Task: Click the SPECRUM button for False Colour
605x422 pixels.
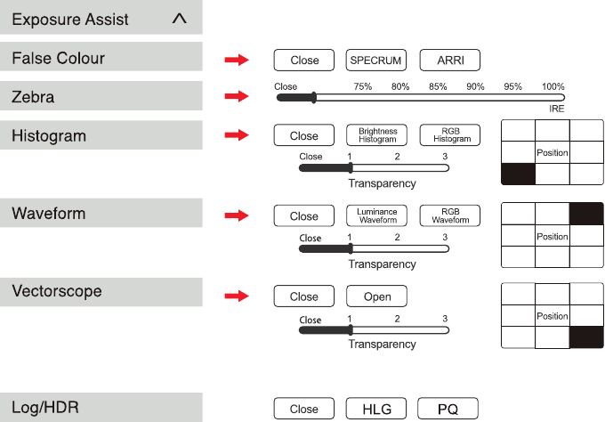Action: pos(376,61)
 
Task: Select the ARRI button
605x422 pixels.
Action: pos(450,61)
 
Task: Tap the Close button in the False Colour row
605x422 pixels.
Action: pos(304,61)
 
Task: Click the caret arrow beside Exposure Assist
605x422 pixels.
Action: pos(180,19)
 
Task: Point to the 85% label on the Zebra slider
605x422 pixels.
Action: pos(438,86)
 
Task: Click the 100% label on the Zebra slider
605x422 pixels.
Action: pos(553,86)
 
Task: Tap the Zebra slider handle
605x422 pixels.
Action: pos(314,98)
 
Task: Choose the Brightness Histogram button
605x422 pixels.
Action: pos(376,135)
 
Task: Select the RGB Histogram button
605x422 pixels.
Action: pos(450,135)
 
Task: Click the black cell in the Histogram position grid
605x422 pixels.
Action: pos(518,174)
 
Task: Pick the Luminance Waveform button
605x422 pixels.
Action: pos(376,215)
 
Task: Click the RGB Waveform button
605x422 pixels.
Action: pos(450,215)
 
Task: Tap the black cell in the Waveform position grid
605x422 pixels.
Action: pos(586,214)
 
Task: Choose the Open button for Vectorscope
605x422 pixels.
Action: pos(376,296)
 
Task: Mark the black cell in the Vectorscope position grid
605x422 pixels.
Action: pos(586,337)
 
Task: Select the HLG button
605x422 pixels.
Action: pos(376,409)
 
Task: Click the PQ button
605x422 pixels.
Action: pos(448,409)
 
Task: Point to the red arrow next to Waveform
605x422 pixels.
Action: pos(237,215)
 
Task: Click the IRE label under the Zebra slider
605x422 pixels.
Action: pos(557,109)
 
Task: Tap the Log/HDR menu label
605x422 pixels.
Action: pos(45,408)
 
